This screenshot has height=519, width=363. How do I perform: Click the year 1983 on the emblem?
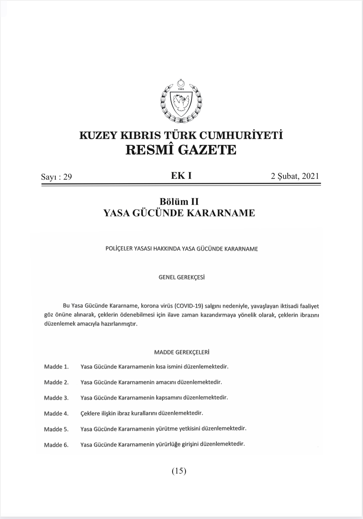(181, 89)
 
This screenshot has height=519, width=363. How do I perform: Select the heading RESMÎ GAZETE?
(181, 150)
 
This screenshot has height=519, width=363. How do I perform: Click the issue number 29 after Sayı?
(67, 177)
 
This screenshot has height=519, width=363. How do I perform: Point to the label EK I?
(181, 176)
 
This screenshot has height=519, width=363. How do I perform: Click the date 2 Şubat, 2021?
(295, 176)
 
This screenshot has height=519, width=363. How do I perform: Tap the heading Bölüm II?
(179, 201)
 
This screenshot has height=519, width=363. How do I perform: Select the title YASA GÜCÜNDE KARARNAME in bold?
(179, 213)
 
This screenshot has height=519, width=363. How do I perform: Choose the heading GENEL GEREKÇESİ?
(181, 277)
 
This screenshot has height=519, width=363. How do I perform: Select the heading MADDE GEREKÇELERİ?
(181, 352)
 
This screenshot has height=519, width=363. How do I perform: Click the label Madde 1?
(56, 367)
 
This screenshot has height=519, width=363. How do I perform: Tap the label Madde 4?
(56, 414)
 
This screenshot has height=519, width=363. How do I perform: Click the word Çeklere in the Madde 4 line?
(89, 413)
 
